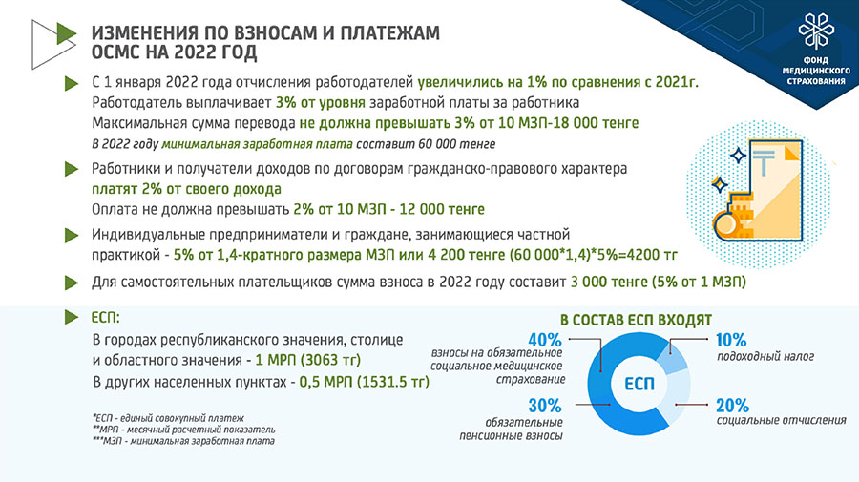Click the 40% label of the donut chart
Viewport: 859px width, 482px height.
coord(545,340)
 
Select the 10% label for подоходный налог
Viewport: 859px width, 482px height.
coord(731,340)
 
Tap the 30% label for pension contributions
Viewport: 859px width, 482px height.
coord(545,406)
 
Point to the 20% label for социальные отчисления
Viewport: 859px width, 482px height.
coord(732,406)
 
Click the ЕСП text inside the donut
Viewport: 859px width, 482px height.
coord(639,384)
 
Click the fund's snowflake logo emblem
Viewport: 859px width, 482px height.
coord(816,31)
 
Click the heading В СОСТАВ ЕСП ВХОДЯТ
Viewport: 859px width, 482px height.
coord(636,320)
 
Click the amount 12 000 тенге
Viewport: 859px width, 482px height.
coord(442,209)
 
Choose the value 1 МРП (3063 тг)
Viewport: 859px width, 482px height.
coord(308,360)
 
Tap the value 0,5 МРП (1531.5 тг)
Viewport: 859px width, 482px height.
coord(364,381)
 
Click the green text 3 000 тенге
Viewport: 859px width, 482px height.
coord(609,283)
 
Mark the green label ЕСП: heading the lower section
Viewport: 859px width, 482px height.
coord(105,318)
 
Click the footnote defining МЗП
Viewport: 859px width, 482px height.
coord(183,441)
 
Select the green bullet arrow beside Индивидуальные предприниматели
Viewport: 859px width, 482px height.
coord(72,236)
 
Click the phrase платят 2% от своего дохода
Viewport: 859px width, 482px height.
coord(186,189)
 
